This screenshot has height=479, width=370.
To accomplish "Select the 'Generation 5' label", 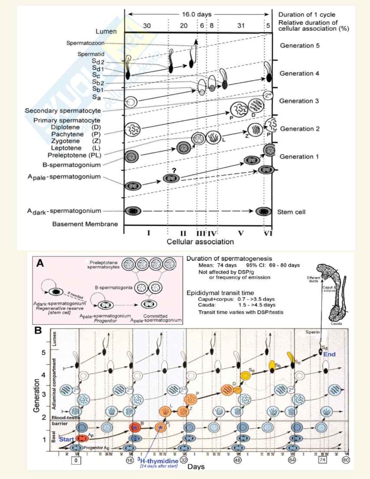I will coord(299,46).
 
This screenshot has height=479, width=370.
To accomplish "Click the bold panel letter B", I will coord(38,330).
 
